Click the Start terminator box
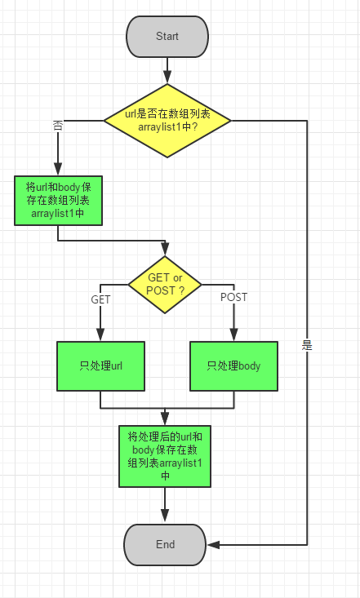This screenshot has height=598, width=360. click(167, 37)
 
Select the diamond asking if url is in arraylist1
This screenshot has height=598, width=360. click(167, 121)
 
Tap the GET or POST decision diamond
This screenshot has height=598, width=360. click(166, 284)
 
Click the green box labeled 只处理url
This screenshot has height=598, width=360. click(100, 365)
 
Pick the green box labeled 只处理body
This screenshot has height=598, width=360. click(233, 365)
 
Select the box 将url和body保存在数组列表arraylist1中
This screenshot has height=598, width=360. click(59, 201)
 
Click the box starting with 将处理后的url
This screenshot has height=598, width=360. click(166, 455)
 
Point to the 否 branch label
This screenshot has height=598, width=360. click(58, 126)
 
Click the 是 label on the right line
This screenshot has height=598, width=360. click(307, 345)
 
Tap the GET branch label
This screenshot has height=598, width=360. click(100, 299)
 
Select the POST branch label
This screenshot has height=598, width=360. click(233, 297)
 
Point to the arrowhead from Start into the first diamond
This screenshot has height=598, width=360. click(167, 78)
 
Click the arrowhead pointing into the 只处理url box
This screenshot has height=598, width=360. click(100, 334)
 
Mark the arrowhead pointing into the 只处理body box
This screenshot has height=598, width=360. click(233, 334)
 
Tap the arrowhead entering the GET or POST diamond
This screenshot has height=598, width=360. click(166, 248)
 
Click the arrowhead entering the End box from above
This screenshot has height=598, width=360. click(166, 516)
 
